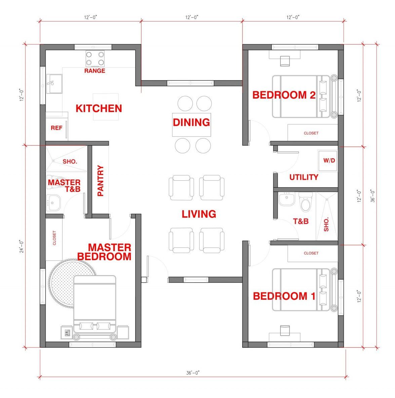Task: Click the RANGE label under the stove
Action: (95, 71)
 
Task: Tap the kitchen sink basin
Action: (54, 84)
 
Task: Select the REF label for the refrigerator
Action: (56, 128)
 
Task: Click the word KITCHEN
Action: (99, 108)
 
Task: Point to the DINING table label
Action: (191, 122)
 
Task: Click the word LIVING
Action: (199, 214)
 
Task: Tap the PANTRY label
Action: (100, 181)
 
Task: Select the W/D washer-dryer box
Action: (327, 161)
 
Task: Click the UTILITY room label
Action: (304, 177)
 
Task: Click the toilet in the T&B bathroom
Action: (305, 202)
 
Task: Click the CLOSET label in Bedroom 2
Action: (311, 133)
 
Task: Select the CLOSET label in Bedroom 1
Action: (311, 253)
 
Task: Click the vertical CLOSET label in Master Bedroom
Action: (54, 238)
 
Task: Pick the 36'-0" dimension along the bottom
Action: (193, 373)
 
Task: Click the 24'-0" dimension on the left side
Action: (21, 246)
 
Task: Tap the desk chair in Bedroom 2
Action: (285, 61)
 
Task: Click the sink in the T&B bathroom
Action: (287, 199)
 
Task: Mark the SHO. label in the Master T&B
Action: (70, 161)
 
